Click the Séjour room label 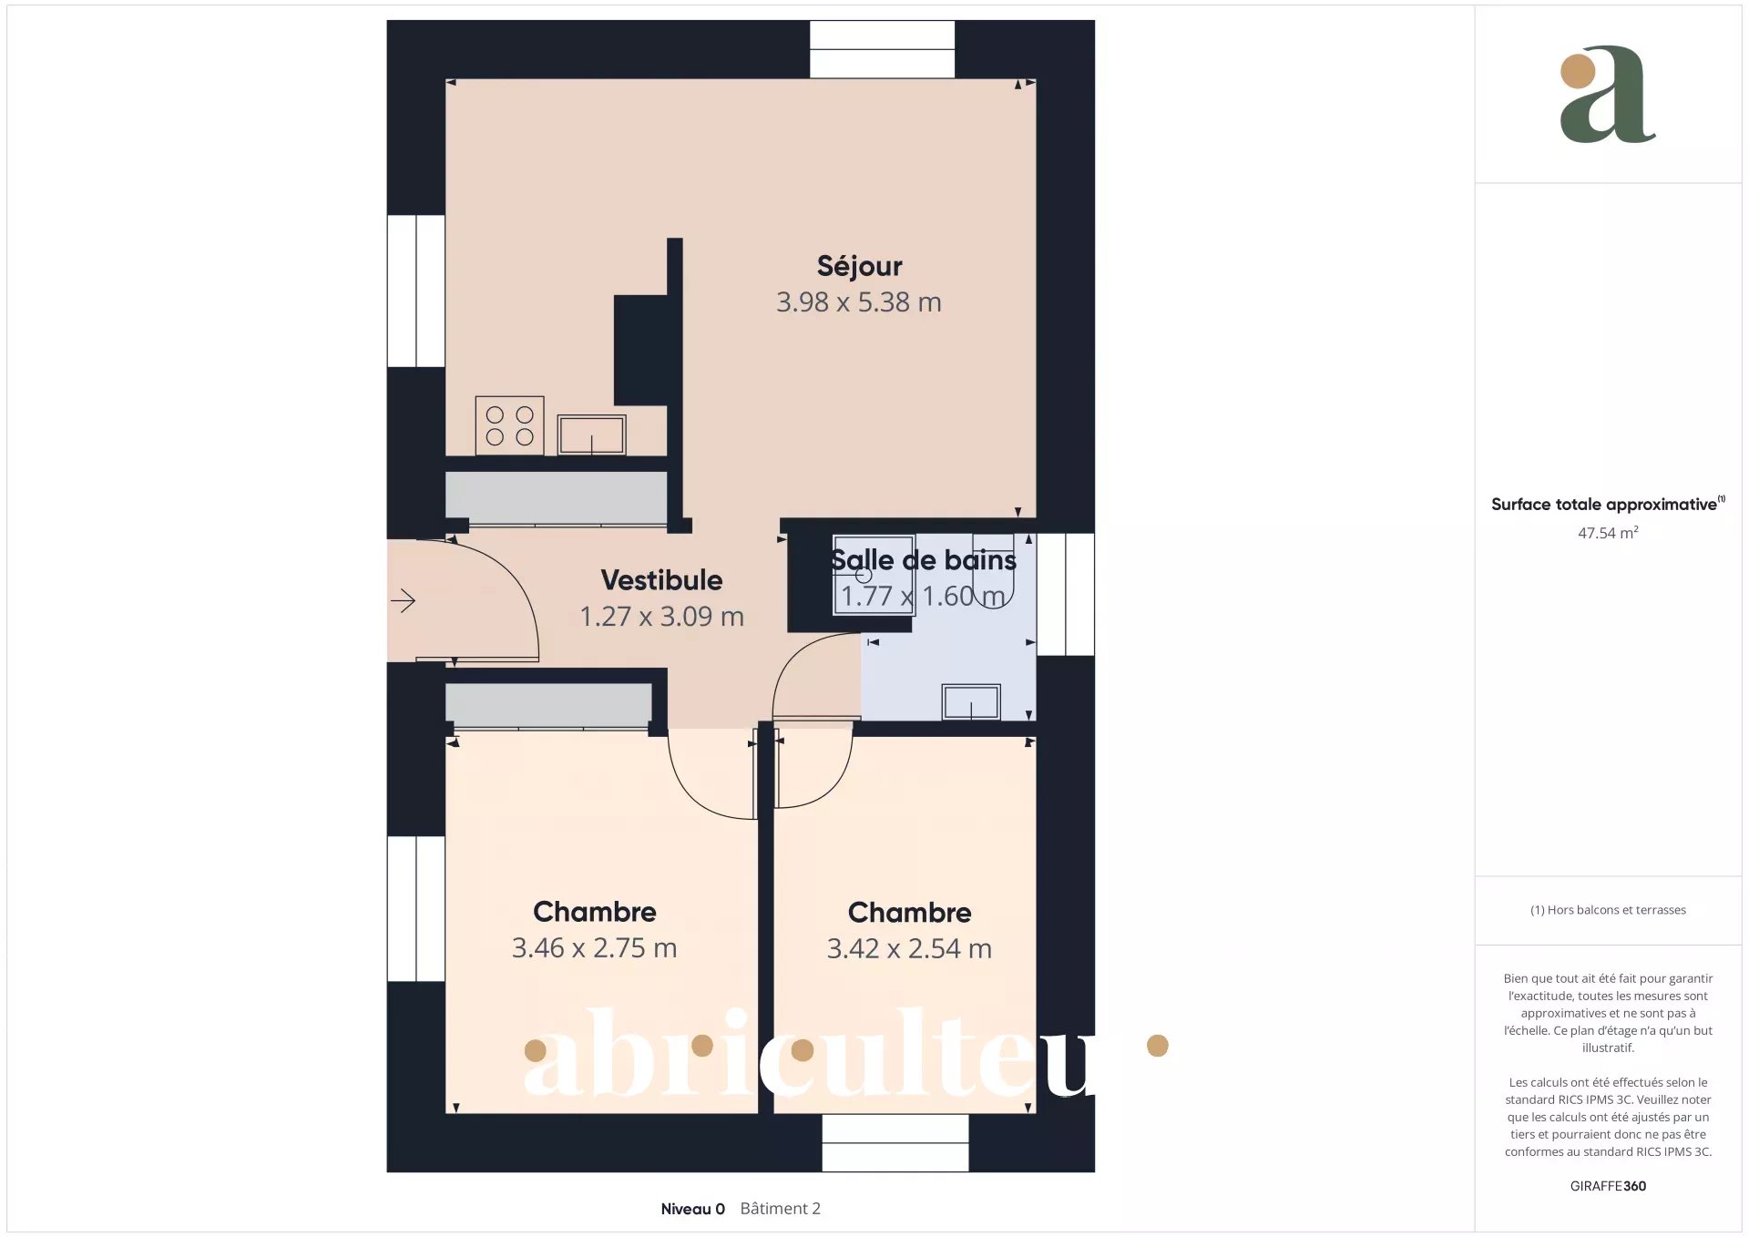[x=859, y=266]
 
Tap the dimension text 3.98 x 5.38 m [x=858, y=302]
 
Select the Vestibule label [x=661, y=580]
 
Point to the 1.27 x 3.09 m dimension [x=662, y=617]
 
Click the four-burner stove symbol [x=509, y=425]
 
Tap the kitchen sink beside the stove [x=591, y=434]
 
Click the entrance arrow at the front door [x=403, y=600]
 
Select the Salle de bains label [x=923, y=559]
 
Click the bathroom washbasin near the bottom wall [x=971, y=702]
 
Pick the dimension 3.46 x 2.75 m [x=594, y=948]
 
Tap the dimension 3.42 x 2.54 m [x=909, y=949]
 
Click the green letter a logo [x=1608, y=95]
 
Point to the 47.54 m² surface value [x=1608, y=533]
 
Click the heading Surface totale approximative [x=1603, y=505]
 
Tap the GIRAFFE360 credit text [x=1608, y=1186]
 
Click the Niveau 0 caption [x=692, y=1209]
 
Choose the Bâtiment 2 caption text [x=780, y=1209]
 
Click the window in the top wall [x=882, y=49]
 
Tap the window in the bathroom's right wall [x=1066, y=594]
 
